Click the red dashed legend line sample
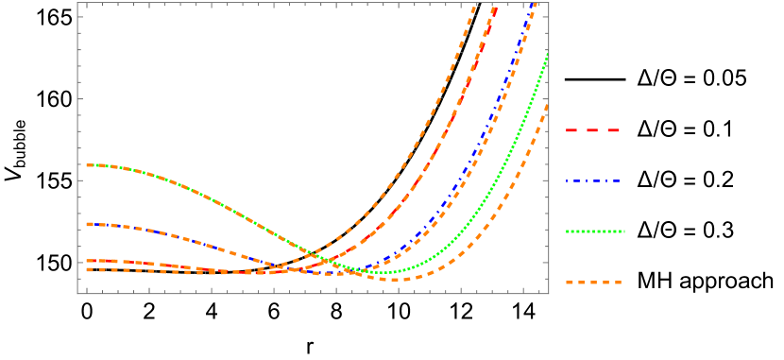593,130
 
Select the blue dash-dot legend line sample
593,180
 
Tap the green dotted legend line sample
595,231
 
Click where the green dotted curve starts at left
87,165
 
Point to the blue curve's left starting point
87,224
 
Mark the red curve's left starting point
87,261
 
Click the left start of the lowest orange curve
87,269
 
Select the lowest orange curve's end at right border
548,106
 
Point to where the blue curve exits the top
536,4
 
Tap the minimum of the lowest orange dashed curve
395,280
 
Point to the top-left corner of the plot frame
77,3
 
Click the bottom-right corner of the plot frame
549,293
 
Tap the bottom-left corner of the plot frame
77,293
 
